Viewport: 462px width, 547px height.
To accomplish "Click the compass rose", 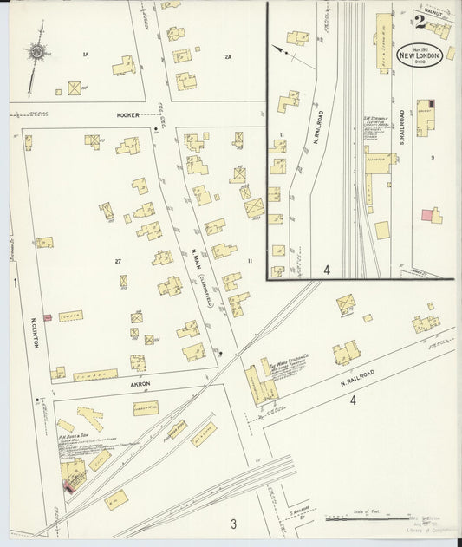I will click(x=37, y=53).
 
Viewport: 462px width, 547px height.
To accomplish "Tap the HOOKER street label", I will click(x=129, y=114).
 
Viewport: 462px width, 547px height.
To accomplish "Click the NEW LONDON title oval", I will click(x=420, y=56).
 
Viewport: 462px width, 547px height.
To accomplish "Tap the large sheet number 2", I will click(x=420, y=22).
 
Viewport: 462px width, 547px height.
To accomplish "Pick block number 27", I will click(x=117, y=260).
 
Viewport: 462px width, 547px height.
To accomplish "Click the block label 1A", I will click(x=85, y=55).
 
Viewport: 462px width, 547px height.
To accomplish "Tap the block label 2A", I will click(x=228, y=57).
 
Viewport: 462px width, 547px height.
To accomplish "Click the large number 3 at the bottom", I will click(x=233, y=524).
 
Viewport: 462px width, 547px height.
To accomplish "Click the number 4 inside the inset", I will click(x=327, y=270).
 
